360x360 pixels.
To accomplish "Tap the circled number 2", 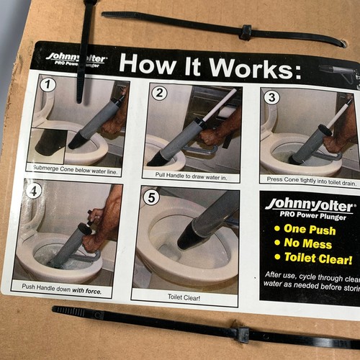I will pos(160,93).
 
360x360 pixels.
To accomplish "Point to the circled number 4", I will pos(32,192).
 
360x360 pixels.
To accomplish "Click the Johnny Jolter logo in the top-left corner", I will pos(76,58).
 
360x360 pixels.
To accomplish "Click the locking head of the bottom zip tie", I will pos(243,334).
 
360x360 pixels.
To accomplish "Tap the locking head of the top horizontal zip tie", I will pos(246,32).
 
